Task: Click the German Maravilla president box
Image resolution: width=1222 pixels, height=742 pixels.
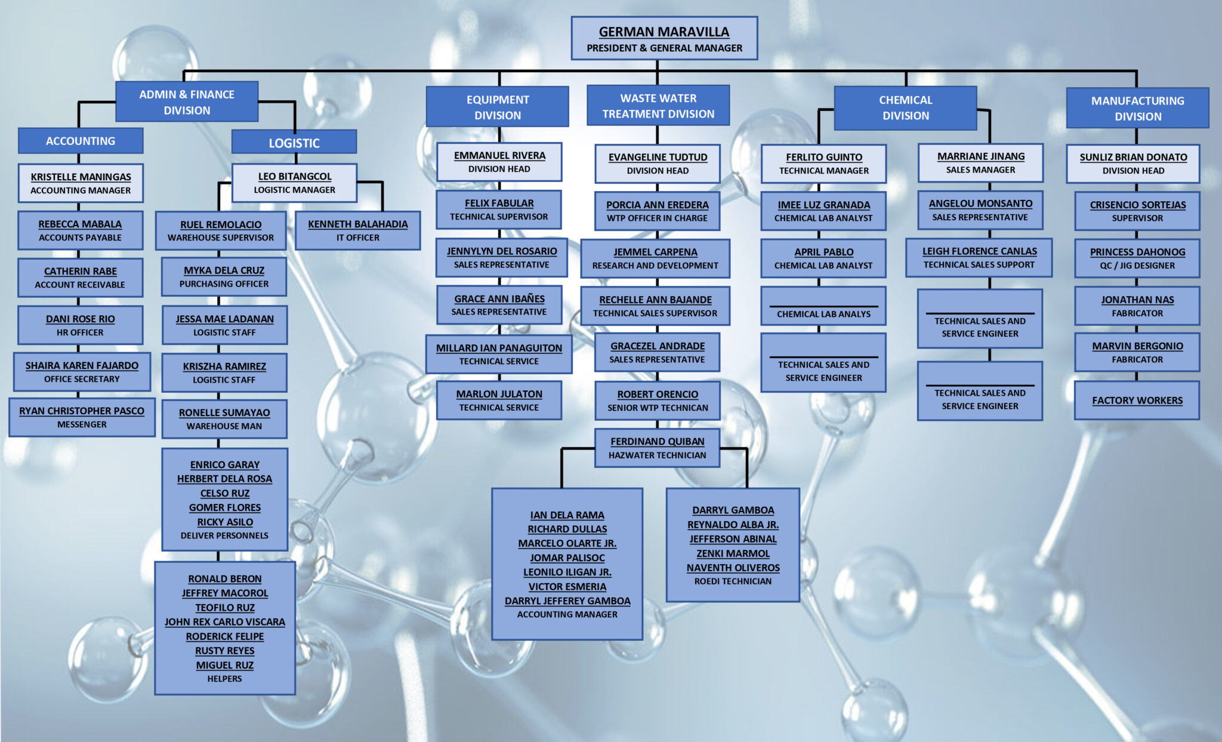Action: coord(664,39)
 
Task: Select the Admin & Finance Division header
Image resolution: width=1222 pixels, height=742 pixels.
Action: coord(187,102)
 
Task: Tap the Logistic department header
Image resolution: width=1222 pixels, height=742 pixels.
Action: coord(294,143)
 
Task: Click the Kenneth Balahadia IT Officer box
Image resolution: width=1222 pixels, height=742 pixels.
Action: coord(357,230)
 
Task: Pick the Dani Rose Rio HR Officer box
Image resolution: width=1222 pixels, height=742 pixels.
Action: coord(80,325)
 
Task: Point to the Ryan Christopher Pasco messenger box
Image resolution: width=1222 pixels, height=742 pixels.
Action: coord(82,417)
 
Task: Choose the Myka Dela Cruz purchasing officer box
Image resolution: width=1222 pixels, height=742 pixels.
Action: coord(224,277)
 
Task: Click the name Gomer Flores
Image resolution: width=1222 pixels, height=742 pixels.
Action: coord(225,507)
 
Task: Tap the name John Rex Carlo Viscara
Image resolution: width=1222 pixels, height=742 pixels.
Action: coord(225,622)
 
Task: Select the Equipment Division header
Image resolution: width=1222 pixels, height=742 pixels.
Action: coord(497,107)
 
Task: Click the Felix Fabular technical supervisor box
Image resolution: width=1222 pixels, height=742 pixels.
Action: coord(499,210)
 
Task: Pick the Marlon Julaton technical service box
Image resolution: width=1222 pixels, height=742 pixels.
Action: coord(499,401)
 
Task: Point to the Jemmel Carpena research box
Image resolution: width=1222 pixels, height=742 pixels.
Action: coord(655,258)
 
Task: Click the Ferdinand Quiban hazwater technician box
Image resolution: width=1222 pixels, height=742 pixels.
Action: coord(657,448)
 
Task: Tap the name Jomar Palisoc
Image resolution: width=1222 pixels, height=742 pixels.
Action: coord(567,558)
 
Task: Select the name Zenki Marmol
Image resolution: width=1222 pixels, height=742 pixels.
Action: coord(733,553)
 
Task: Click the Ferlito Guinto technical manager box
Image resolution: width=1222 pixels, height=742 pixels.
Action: coord(823,164)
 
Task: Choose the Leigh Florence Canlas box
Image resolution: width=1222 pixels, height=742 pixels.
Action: coord(979,258)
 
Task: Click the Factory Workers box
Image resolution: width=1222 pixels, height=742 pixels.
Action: coord(1137,401)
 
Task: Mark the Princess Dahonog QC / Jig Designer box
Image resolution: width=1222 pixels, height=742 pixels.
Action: coord(1137,258)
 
